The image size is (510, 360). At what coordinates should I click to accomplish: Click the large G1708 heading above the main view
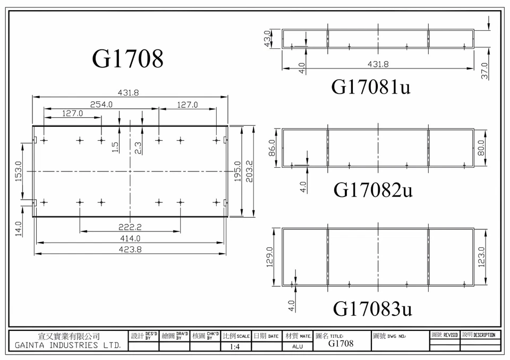point(128,58)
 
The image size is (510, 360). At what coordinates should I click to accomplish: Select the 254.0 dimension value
point(101,105)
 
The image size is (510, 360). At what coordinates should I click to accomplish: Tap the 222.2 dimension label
point(129,227)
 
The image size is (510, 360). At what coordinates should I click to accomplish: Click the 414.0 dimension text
point(129,238)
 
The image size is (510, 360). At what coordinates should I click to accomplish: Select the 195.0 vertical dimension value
point(237,172)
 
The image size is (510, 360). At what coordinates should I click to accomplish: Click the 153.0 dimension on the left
point(18,172)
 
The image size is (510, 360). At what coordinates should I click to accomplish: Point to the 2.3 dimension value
point(138,147)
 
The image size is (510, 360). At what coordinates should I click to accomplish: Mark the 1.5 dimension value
point(115,147)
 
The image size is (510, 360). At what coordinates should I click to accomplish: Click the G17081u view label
point(371,87)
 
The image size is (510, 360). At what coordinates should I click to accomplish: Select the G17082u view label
point(373,190)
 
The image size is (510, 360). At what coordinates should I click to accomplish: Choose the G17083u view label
point(373,308)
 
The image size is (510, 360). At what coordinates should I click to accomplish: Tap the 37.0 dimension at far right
point(484,71)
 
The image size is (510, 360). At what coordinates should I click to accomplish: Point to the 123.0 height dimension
point(482,258)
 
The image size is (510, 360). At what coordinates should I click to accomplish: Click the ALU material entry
point(298,346)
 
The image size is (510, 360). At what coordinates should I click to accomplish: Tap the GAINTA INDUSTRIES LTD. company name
point(68,345)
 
